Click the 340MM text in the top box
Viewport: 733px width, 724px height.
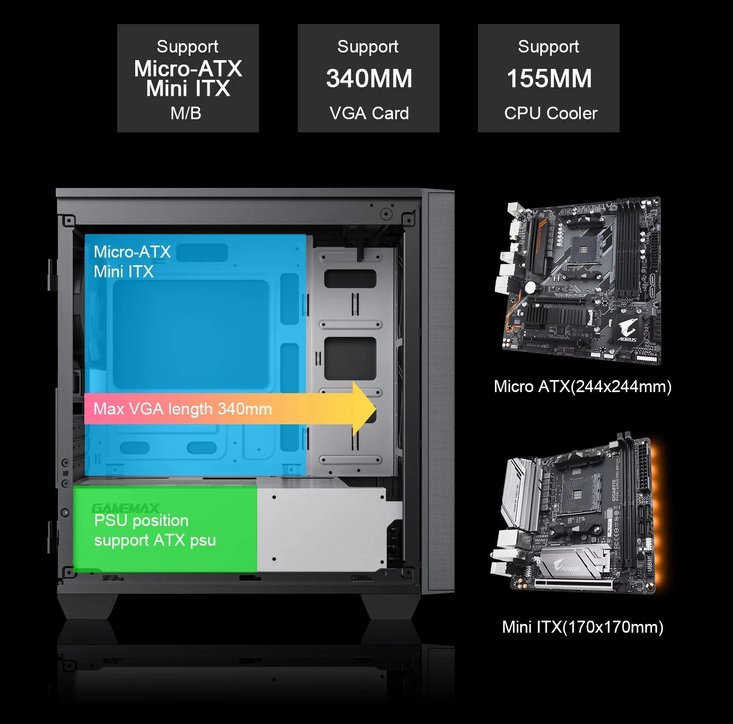(x=369, y=79)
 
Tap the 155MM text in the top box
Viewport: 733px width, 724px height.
(x=549, y=79)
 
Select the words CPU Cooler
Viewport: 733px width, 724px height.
(x=550, y=113)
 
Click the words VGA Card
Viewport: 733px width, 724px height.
(x=369, y=113)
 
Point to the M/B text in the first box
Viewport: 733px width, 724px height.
(x=186, y=113)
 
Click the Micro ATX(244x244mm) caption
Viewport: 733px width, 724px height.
(x=582, y=387)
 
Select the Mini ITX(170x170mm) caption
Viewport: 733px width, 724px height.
(x=582, y=627)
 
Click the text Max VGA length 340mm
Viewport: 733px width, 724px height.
(x=182, y=409)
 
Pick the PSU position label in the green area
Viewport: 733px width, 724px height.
(x=141, y=521)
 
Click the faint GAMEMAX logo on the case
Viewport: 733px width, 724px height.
(x=125, y=508)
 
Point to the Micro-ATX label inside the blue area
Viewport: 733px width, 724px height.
(x=132, y=252)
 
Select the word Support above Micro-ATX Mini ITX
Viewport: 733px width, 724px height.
(x=187, y=47)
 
